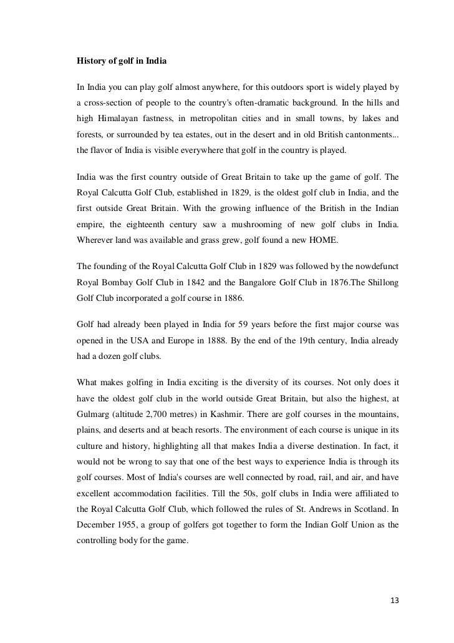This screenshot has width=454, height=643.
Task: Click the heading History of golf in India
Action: coord(122,62)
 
